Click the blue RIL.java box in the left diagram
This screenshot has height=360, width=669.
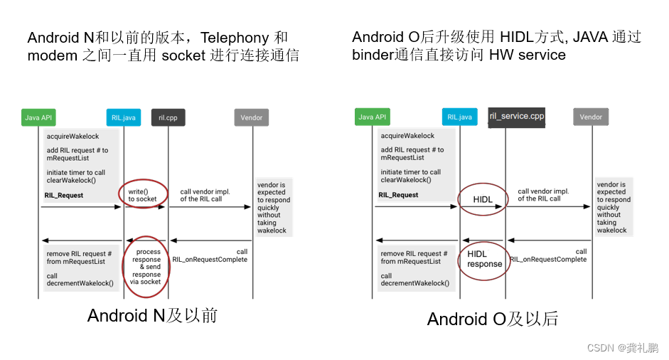click(124, 117)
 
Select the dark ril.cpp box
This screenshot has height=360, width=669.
click(168, 117)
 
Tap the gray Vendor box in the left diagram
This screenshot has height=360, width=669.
click(251, 117)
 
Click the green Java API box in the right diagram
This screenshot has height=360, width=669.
click(372, 117)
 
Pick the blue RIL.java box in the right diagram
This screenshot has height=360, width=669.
click(459, 117)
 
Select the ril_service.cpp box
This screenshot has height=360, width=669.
click(517, 116)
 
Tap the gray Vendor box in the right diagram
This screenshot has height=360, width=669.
click(591, 117)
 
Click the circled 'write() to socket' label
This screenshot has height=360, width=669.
click(142, 195)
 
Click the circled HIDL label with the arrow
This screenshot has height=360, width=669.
click(482, 200)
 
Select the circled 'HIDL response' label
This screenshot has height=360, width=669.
click(484, 259)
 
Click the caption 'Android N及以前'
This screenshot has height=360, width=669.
click(152, 315)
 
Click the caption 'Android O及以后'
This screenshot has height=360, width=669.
click(493, 319)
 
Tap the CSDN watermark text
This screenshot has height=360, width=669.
click(622, 347)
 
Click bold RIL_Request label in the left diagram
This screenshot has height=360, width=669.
click(65, 195)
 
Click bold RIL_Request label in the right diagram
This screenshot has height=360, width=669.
click(398, 194)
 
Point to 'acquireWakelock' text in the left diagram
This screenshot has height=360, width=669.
click(73, 136)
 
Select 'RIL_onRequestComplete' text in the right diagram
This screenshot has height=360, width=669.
click(548, 260)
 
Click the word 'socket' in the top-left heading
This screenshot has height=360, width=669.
click(183, 55)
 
